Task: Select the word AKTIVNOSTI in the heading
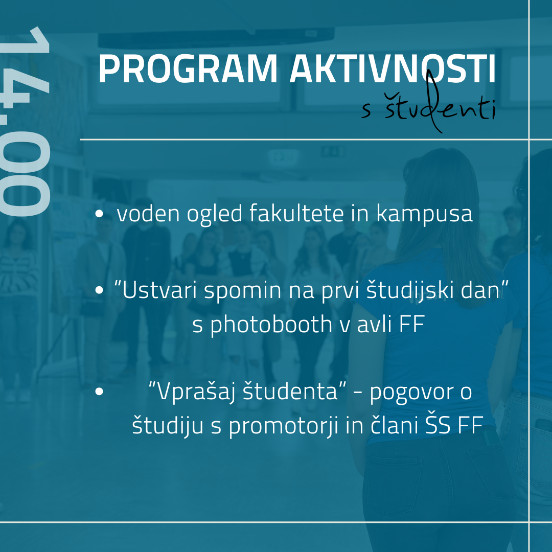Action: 393,69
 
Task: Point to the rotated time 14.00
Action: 25,122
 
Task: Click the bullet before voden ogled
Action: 99,214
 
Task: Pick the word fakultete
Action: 296,213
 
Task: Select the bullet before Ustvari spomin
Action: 99,290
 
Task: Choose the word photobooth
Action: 271,324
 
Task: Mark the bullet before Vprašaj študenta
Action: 99,392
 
